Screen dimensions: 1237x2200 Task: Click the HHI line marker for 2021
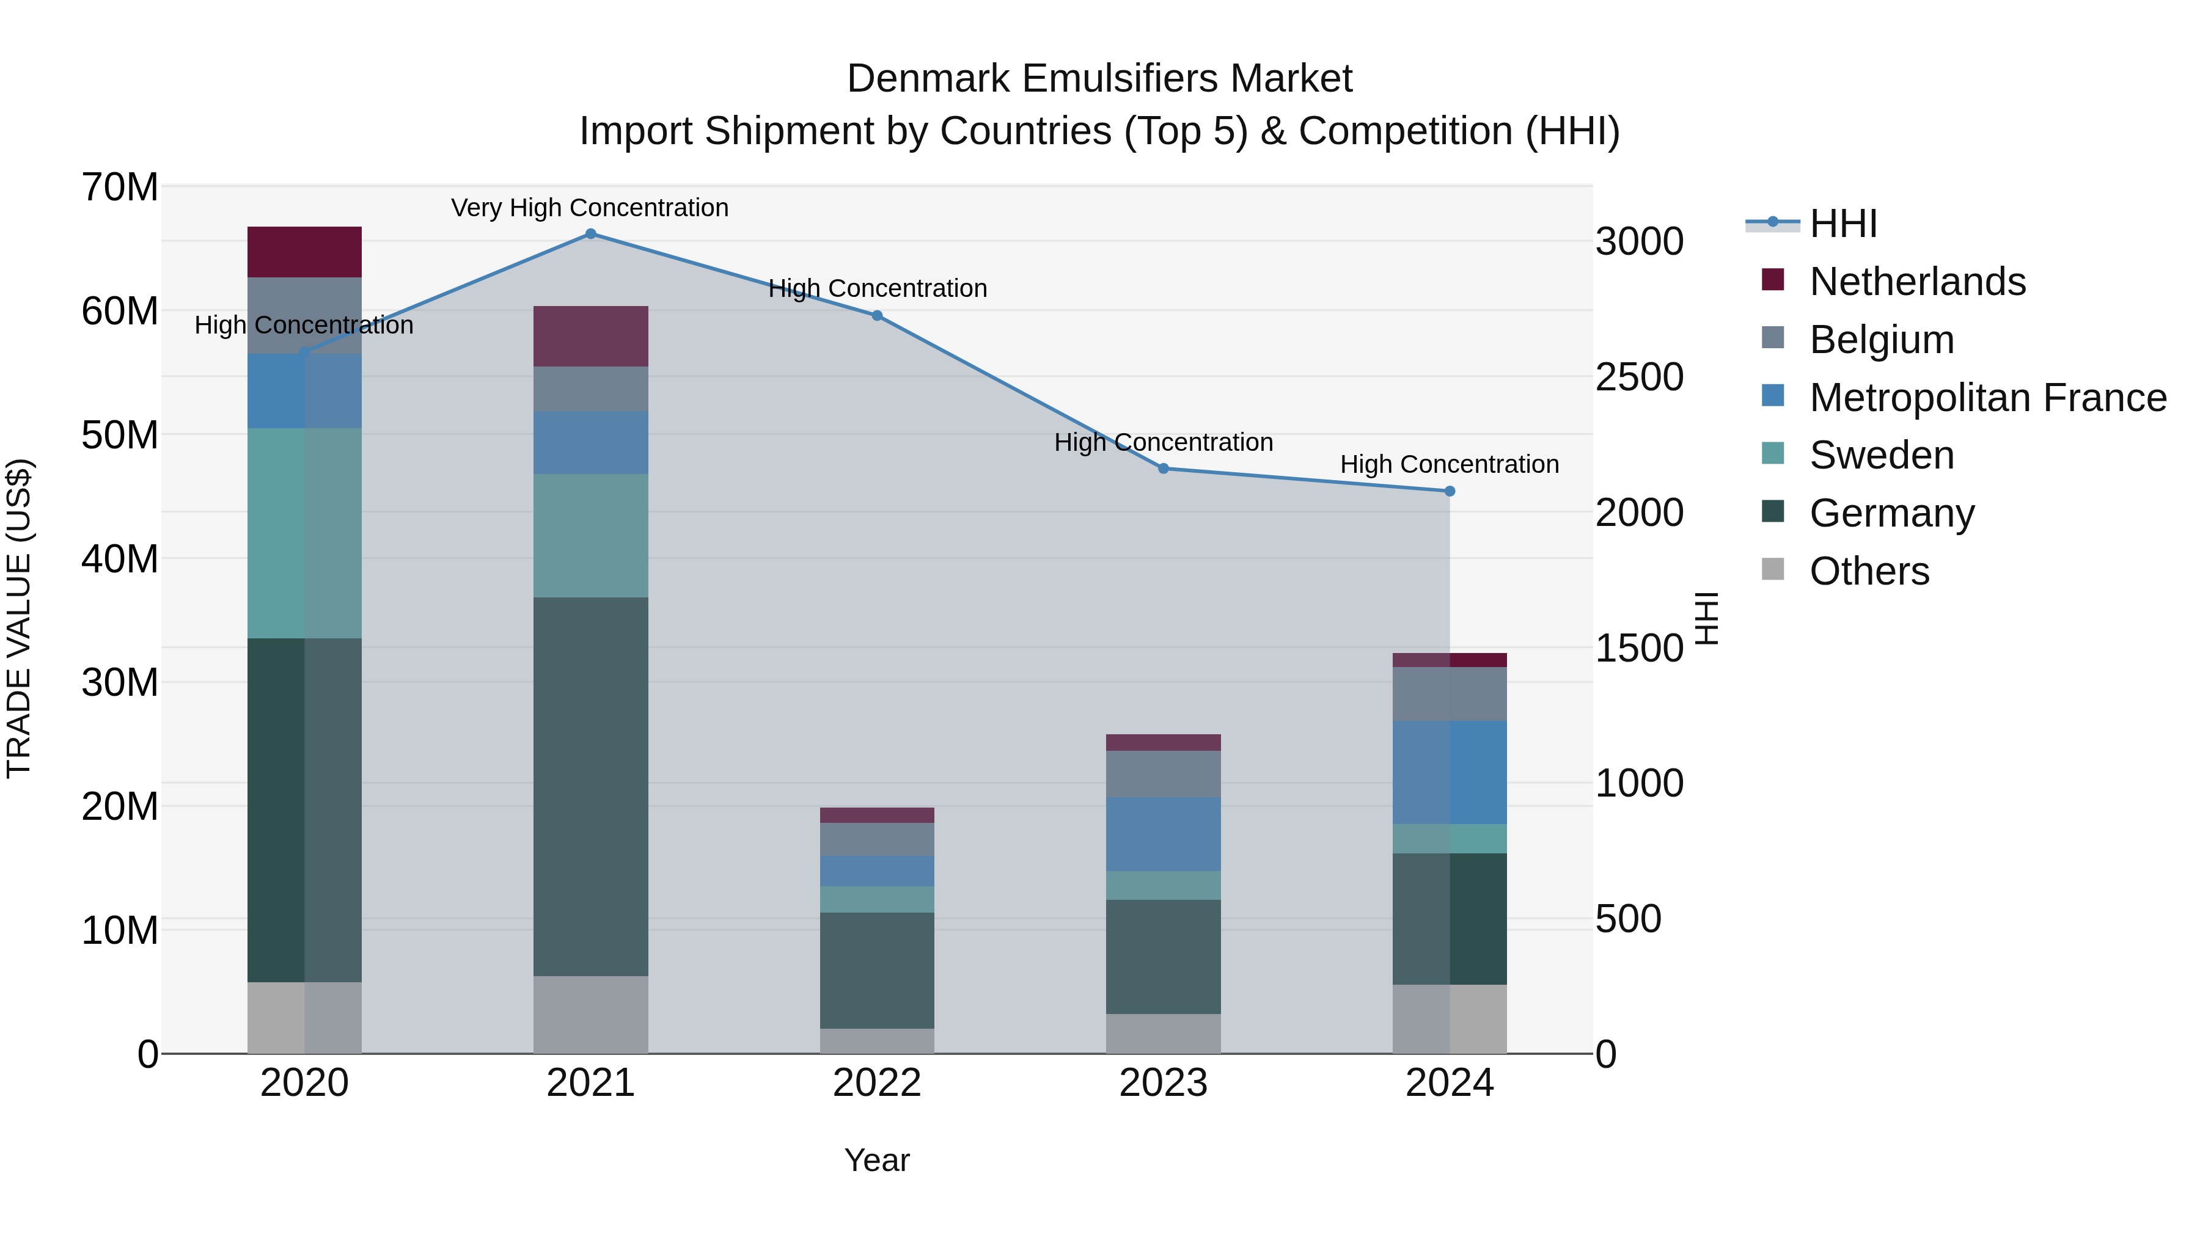pyautogui.click(x=590, y=234)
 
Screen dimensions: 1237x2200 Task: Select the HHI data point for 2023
pyautogui.click(x=1163, y=469)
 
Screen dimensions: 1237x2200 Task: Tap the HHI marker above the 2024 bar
pyautogui.click(x=1450, y=492)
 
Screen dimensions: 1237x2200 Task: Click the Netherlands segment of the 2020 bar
pyautogui.click(x=304, y=252)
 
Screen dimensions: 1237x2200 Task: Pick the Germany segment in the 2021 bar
pyautogui.click(x=590, y=786)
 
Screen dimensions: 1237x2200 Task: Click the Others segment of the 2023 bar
pyautogui.click(x=1163, y=1033)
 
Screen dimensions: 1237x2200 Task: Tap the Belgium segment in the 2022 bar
pyautogui.click(x=876, y=839)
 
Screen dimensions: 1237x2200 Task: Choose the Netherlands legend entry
pyautogui.click(x=1916, y=282)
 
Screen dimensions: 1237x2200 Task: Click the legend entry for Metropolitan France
pyautogui.click(x=1987, y=398)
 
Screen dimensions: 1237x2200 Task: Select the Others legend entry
pyautogui.click(x=1869, y=571)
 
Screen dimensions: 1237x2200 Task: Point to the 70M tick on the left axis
pyautogui.click(x=120, y=187)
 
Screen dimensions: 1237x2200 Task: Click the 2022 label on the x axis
pyautogui.click(x=876, y=1083)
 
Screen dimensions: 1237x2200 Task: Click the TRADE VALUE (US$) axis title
pyautogui.click(x=19, y=618)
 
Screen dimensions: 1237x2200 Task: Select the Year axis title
pyautogui.click(x=876, y=1160)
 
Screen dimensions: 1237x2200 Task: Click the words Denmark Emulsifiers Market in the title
pyautogui.click(x=1099, y=79)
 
